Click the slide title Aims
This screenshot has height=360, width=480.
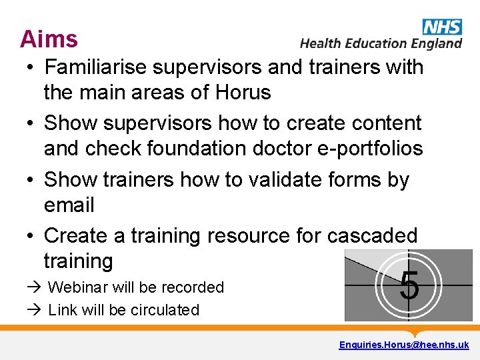(49, 39)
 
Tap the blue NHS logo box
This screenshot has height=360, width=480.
(441, 27)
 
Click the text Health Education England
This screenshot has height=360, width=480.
(381, 43)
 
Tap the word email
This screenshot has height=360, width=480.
(69, 205)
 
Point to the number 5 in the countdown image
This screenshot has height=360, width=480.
(409, 286)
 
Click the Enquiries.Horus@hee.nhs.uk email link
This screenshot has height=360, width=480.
(403, 345)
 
